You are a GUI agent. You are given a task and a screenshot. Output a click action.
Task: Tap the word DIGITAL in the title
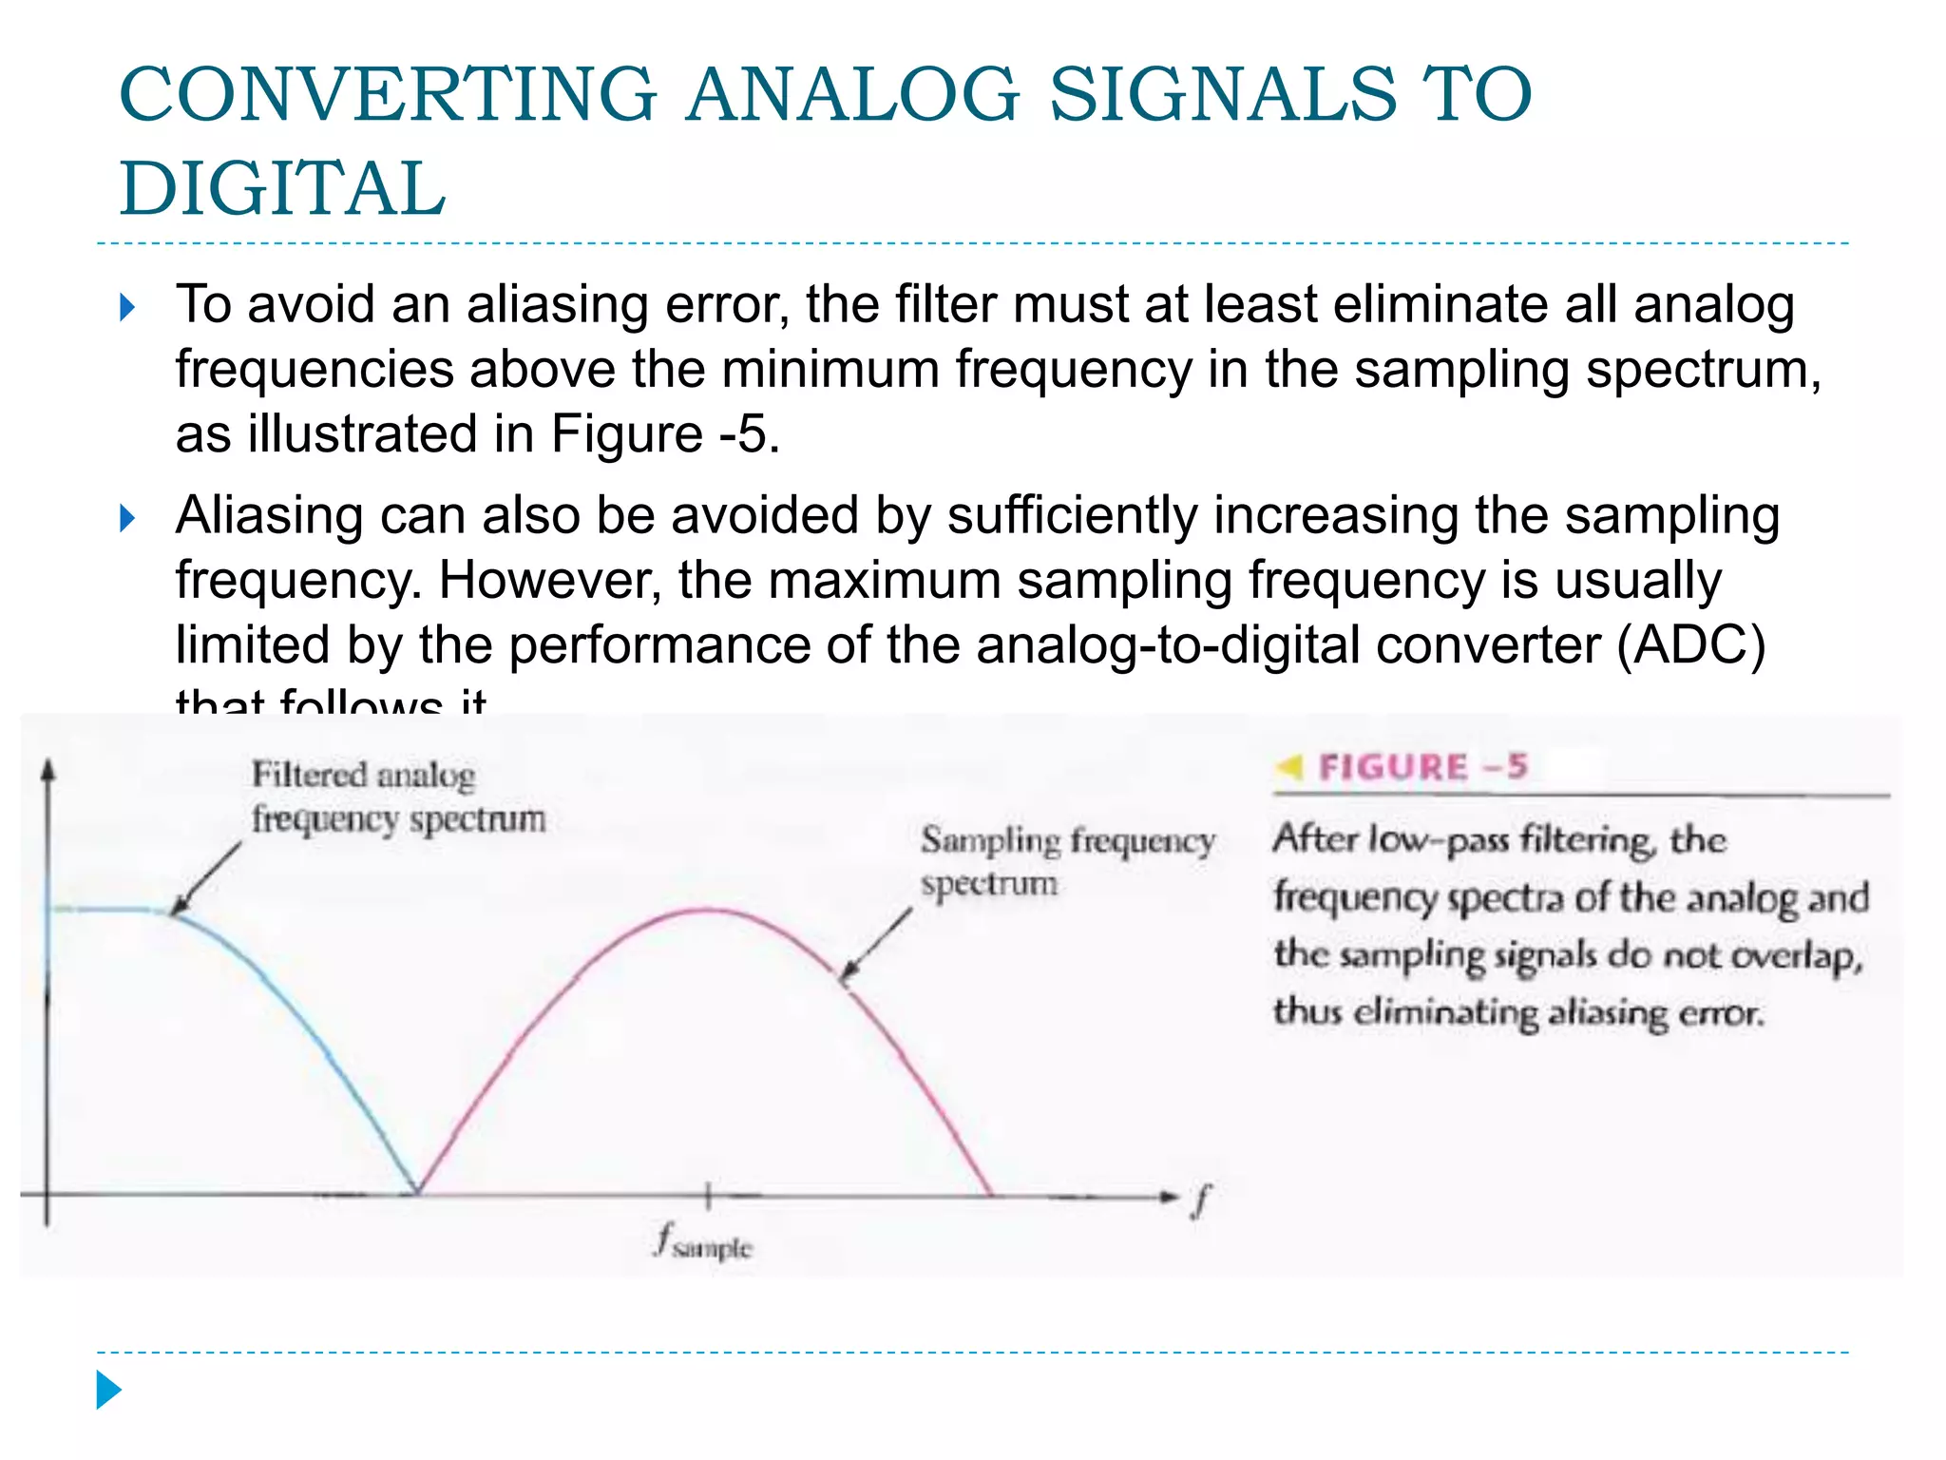tap(282, 188)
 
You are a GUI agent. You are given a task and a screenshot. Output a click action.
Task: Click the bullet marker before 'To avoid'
tap(128, 307)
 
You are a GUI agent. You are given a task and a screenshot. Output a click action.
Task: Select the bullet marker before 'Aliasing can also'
tap(128, 518)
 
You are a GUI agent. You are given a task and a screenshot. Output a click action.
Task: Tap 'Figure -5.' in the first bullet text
tap(665, 434)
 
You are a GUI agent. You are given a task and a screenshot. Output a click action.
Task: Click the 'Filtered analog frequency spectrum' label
tap(397, 797)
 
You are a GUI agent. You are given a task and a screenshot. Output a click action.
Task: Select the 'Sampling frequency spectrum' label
tap(1066, 861)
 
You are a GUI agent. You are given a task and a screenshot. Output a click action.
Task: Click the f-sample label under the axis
tap(704, 1242)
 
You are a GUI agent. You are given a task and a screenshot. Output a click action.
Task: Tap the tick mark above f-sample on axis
tap(708, 1196)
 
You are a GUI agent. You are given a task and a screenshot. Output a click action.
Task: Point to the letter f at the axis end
tap(1201, 1200)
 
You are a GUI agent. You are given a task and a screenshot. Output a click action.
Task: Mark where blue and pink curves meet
tap(418, 1192)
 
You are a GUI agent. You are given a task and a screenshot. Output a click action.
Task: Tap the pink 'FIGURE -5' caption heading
tap(1422, 766)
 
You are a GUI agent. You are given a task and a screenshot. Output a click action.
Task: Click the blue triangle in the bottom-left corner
tap(108, 1390)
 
